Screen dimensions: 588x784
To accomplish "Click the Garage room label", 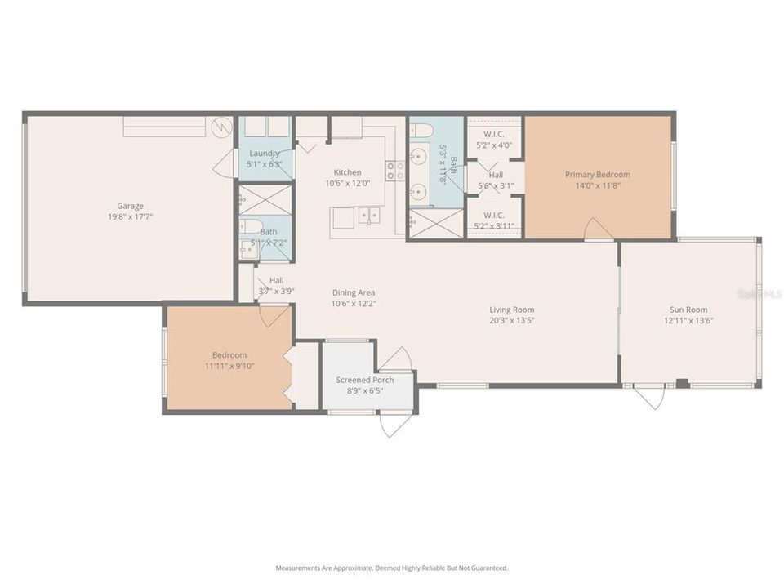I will click(130, 206).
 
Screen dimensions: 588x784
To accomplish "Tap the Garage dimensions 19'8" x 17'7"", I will click(130, 216).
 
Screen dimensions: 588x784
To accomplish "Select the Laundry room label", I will click(265, 153).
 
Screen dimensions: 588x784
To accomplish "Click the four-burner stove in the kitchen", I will click(395, 170).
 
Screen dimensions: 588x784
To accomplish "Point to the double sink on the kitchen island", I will click(369, 216).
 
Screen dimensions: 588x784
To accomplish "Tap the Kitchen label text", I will click(347, 172).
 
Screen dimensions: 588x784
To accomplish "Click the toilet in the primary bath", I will click(421, 129).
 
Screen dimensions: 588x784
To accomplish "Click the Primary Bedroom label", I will click(598, 174).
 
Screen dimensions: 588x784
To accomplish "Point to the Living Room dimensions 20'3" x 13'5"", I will click(512, 320).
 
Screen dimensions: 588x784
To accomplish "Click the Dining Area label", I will click(354, 292).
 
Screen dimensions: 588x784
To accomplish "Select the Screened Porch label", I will click(365, 380).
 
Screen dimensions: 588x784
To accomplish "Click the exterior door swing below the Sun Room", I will click(649, 398).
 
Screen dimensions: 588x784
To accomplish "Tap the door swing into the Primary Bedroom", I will click(599, 229).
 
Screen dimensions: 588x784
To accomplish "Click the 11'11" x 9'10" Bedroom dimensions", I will click(229, 366).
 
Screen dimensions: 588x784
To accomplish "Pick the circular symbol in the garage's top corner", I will click(220, 127).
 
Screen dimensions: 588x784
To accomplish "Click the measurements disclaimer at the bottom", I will click(392, 568).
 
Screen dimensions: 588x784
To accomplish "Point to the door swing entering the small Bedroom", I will click(274, 315).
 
